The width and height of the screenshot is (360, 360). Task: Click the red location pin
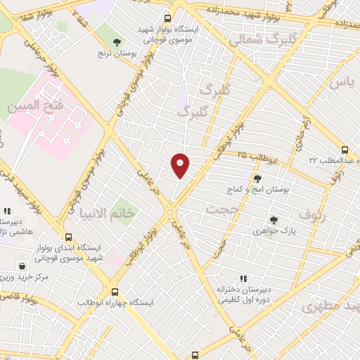pos(181,165)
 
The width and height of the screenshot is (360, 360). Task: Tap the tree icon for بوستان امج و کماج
pos(257,179)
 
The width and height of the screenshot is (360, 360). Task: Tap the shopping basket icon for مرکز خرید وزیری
pos(23,266)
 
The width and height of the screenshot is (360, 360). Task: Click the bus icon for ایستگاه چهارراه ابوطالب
pos(115,292)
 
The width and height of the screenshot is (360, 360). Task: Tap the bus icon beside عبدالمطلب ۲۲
pos(345,150)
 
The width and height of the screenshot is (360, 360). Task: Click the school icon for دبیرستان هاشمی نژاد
pos(6,210)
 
